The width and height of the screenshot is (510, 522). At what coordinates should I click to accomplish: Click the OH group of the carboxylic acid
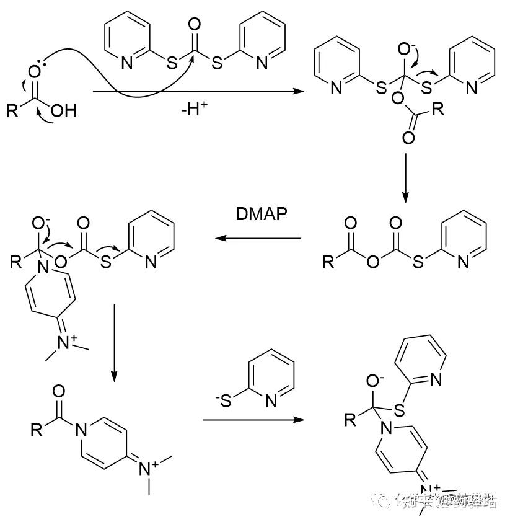tap(63, 112)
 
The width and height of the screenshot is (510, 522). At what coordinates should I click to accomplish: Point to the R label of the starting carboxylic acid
tap(13, 112)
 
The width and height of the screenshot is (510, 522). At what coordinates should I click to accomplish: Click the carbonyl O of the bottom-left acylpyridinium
tap(59, 392)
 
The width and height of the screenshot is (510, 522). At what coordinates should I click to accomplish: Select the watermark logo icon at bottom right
tap(381, 500)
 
